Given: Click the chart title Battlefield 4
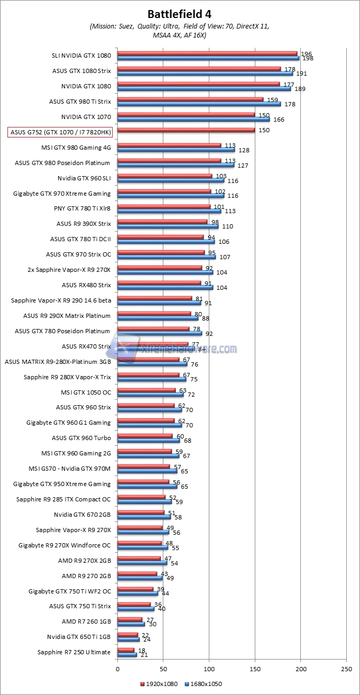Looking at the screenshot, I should pos(180,14).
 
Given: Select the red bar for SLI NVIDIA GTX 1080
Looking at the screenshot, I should pos(207,53).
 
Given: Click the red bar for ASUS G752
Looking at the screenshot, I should pos(186,130).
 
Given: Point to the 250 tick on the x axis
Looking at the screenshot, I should pos(346,669).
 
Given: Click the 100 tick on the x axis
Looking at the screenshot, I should pos(209,669).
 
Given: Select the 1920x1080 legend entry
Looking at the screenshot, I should pos(160,684).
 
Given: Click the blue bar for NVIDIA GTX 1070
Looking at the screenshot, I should pos(193,119).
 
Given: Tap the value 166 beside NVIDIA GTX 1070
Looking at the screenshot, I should pos(279,120).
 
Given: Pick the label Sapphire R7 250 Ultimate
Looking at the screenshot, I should pos(74,652).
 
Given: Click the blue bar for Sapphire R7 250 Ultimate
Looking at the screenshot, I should pos(127,655).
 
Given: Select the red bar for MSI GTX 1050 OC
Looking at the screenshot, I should pos(146,390).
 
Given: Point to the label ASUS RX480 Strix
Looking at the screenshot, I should pos(87,285).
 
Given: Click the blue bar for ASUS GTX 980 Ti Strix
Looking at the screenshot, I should pos(199,104).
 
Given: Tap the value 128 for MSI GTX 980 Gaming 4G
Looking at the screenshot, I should pos(243,150).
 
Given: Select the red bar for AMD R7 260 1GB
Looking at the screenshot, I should pos(130,619).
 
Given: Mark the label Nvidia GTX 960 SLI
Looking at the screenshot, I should pos(85,178).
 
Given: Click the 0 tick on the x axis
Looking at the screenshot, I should pos(117,669).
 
